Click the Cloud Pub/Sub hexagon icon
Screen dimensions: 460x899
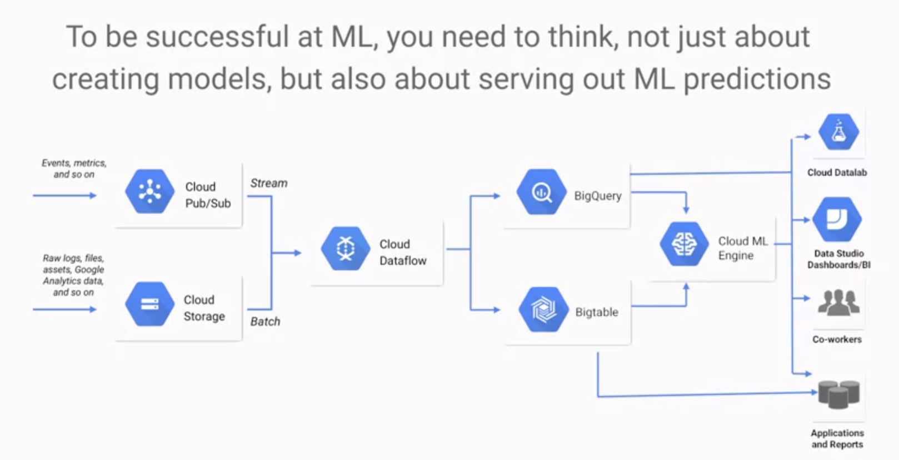point(149,192)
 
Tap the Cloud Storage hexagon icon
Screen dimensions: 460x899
point(149,304)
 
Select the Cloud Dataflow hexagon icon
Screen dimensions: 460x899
point(346,249)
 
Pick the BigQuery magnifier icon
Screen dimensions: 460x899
point(541,192)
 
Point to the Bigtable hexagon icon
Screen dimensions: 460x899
point(543,310)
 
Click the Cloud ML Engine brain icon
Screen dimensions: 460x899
point(684,244)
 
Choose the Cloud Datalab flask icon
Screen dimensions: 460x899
point(838,132)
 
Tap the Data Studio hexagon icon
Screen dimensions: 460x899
point(837,220)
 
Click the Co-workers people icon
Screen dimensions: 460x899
point(838,303)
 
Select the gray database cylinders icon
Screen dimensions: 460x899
point(838,394)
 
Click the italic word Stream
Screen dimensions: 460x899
point(268,183)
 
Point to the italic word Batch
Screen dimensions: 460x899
point(265,321)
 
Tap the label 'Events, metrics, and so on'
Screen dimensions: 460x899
point(74,169)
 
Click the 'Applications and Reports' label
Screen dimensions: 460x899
point(837,438)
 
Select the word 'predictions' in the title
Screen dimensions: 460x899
point(757,79)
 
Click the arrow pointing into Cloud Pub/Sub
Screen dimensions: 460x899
point(64,195)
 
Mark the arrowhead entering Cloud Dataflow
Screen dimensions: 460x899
point(297,253)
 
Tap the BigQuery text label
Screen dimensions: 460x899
point(597,196)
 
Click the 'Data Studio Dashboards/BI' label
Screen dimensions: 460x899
point(838,259)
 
